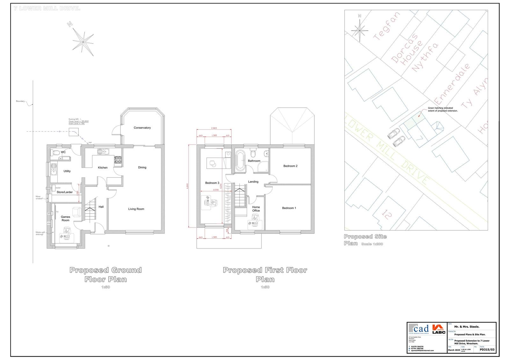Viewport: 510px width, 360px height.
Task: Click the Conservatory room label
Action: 142,128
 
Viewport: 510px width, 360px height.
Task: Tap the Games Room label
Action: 65,219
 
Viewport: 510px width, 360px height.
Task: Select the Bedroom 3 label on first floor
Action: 212,183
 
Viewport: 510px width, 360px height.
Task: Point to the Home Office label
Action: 256,209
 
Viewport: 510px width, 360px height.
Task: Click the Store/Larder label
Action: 65,192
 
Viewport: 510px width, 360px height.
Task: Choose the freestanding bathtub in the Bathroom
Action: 239,161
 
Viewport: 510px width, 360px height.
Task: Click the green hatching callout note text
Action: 442,109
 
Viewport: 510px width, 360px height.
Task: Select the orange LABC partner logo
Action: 439,329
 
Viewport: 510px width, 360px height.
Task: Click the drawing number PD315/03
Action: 487,349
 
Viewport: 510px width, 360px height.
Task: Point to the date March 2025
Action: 454,350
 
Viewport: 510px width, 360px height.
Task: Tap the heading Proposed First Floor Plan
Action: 265,275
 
